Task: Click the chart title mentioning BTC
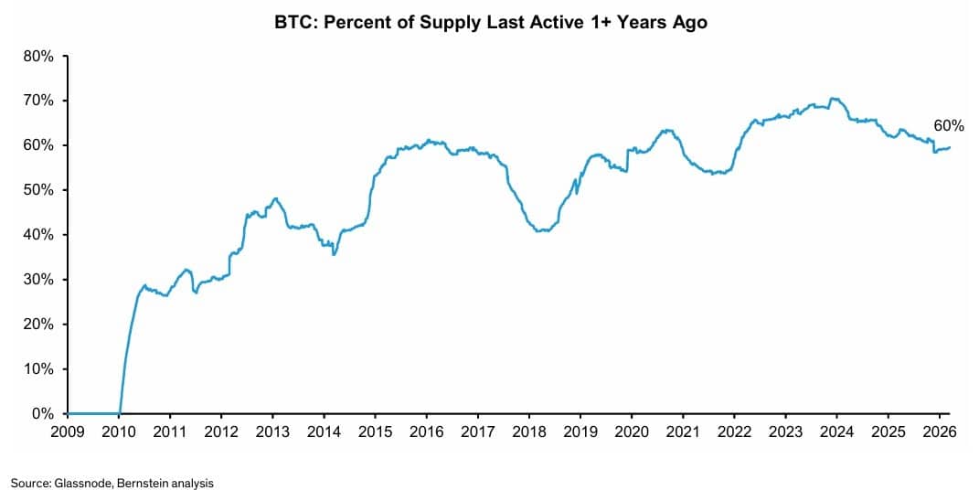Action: coord(489,23)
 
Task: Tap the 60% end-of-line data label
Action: coord(948,126)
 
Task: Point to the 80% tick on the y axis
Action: coord(39,56)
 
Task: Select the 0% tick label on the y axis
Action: coord(43,413)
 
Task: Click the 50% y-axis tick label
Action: coord(39,190)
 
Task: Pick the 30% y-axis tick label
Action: coord(39,280)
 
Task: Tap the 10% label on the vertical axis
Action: coord(39,369)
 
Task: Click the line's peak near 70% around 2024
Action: coord(832,98)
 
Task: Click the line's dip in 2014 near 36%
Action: coord(334,253)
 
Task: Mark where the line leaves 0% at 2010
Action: coord(120,412)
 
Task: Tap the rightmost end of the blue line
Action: coord(949,147)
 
